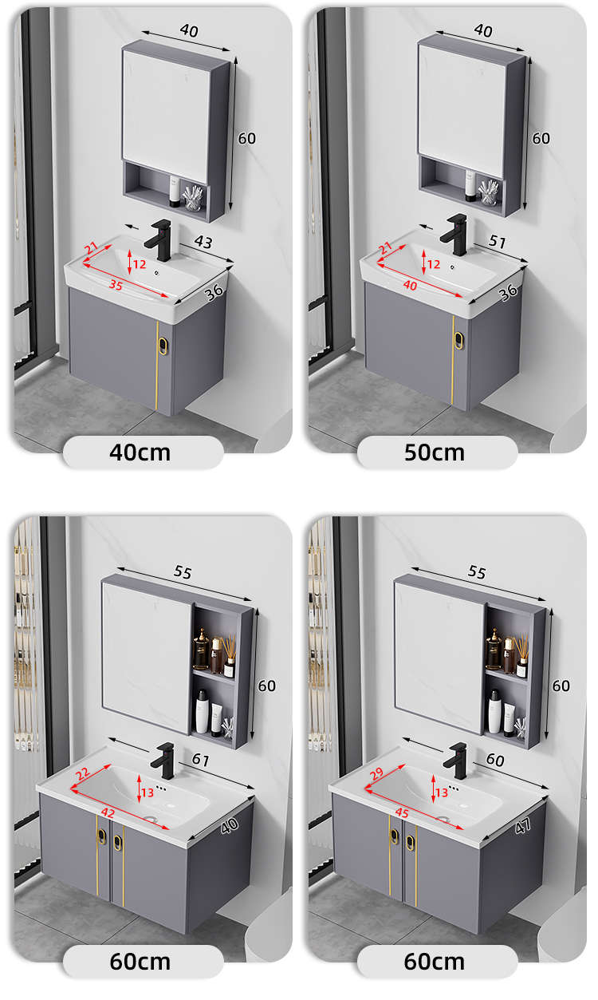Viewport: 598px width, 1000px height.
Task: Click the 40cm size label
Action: coord(140,453)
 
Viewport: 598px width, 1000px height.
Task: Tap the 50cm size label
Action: coord(435,453)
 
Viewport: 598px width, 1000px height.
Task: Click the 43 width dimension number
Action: coord(203,242)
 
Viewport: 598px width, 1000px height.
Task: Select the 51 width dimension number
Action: coord(498,242)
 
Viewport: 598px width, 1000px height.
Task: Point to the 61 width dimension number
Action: coord(201,759)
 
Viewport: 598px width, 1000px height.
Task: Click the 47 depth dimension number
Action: coord(523,826)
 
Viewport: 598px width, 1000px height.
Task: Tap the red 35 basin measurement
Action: coord(116,284)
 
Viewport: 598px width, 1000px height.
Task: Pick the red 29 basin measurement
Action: coord(377,773)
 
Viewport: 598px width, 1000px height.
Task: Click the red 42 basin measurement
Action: coord(108,813)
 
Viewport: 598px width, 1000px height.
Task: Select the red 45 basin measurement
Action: coord(402,813)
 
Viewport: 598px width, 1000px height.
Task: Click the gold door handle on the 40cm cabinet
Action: coord(163,346)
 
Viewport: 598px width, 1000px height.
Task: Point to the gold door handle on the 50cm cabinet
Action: coord(458,340)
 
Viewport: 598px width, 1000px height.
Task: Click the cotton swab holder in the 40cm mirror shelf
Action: coord(193,198)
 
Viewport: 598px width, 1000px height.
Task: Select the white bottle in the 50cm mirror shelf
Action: coord(470,186)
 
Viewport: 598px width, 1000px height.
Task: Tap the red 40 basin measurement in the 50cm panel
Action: coord(411,285)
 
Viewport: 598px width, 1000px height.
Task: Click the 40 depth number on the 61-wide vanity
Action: coord(229,826)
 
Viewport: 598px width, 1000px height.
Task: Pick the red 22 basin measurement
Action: coord(83,773)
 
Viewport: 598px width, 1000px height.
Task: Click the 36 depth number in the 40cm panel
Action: coord(214,292)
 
